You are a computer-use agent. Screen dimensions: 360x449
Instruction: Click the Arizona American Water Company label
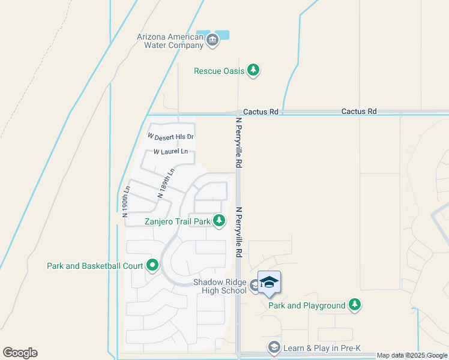pyautogui.click(x=170, y=40)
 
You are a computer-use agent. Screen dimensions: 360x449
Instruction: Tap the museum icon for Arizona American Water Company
pyautogui.click(x=212, y=40)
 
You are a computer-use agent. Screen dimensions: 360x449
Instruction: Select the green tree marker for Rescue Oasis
pyautogui.click(x=254, y=71)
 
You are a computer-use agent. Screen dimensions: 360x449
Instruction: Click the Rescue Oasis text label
pyautogui.click(x=219, y=71)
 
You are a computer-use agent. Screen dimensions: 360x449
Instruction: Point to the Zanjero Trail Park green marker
pyautogui.click(x=219, y=221)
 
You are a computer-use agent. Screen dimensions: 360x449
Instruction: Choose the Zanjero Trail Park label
pyautogui.click(x=178, y=221)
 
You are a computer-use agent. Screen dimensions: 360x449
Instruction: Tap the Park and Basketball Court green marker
pyautogui.click(x=152, y=265)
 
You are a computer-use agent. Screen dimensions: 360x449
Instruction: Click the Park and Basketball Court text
pyautogui.click(x=95, y=265)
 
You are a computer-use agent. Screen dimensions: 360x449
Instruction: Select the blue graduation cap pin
pyautogui.click(x=270, y=282)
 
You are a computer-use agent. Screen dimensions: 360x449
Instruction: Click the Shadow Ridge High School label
pyautogui.click(x=220, y=286)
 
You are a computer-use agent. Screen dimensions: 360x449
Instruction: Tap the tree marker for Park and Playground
pyautogui.click(x=355, y=305)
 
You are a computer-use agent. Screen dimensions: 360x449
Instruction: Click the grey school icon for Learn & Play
pyautogui.click(x=274, y=347)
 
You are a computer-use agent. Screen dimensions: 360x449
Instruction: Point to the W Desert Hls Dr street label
pyautogui.click(x=174, y=137)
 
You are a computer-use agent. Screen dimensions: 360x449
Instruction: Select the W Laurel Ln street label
pyautogui.click(x=170, y=152)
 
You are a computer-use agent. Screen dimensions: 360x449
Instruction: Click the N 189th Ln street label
pyautogui.click(x=166, y=183)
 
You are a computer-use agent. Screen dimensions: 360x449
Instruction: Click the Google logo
pyautogui.click(x=20, y=353)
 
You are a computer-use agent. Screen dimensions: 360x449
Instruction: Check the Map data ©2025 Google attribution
pyautogui.click(x=412, y=355)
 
